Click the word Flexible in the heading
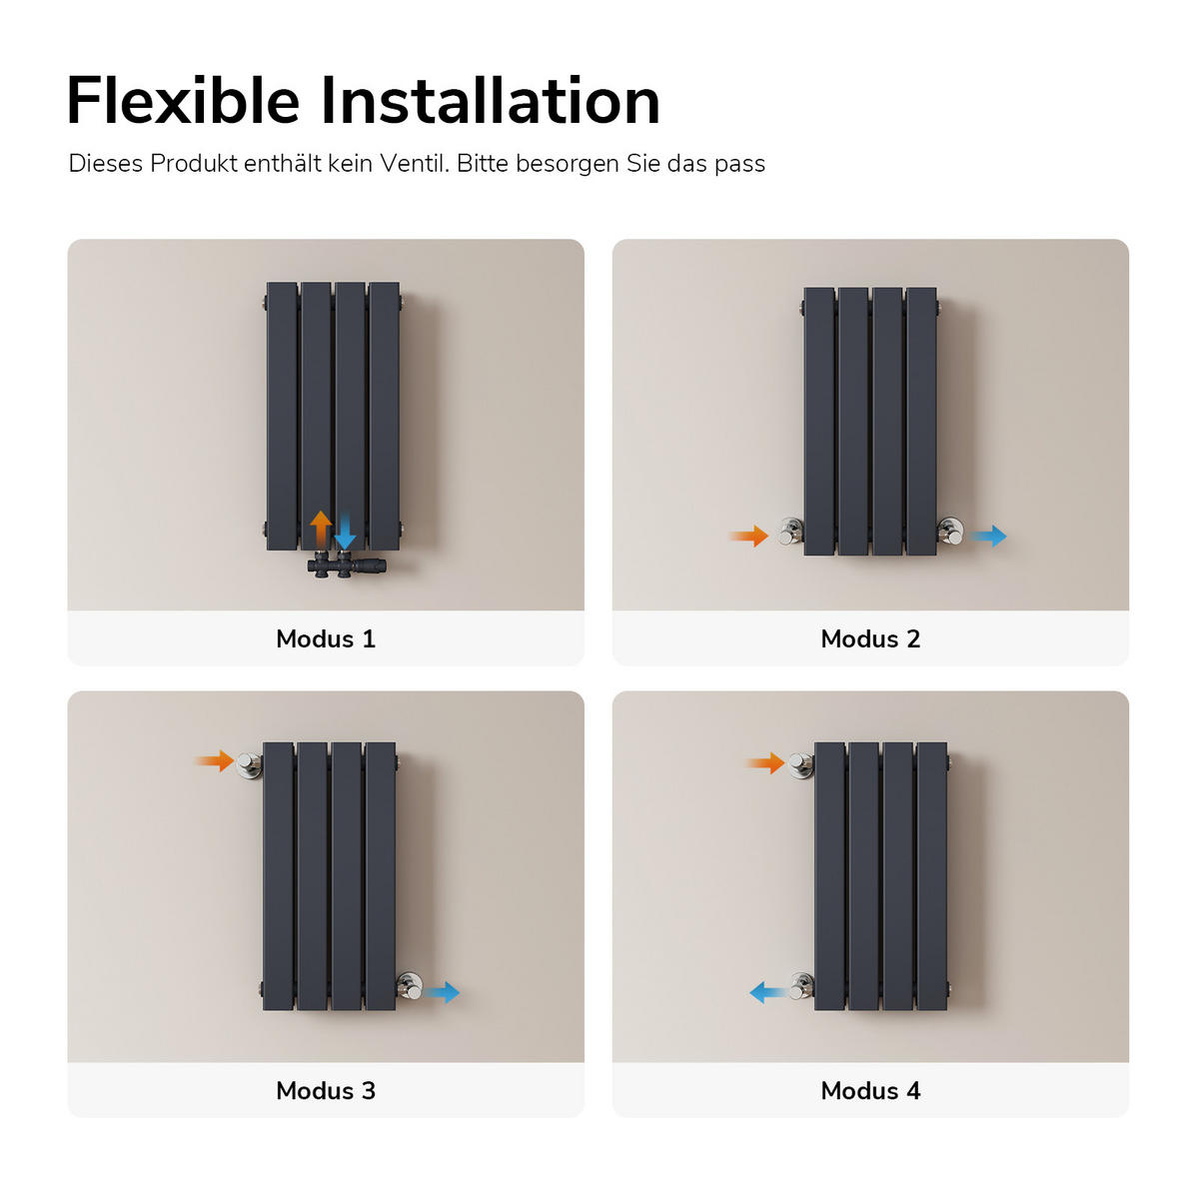tap(183, 100)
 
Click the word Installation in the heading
tap(491, 100)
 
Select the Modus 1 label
tap(326, 638)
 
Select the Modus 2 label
tap(870, 638)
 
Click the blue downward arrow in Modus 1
tap(345, 532)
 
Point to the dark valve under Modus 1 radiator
tap(346, 565)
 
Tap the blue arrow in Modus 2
tap(988, 536)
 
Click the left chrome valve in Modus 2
tap(790, 532)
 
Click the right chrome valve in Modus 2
tap(950, 532)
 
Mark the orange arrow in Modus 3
tap(215, 760)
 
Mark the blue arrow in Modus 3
tap(442, 992)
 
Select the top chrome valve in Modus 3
tap(249, 764)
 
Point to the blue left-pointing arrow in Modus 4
tap(769, 992)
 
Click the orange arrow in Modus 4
tap(765, 762)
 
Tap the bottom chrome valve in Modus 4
tap(801, 987)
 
